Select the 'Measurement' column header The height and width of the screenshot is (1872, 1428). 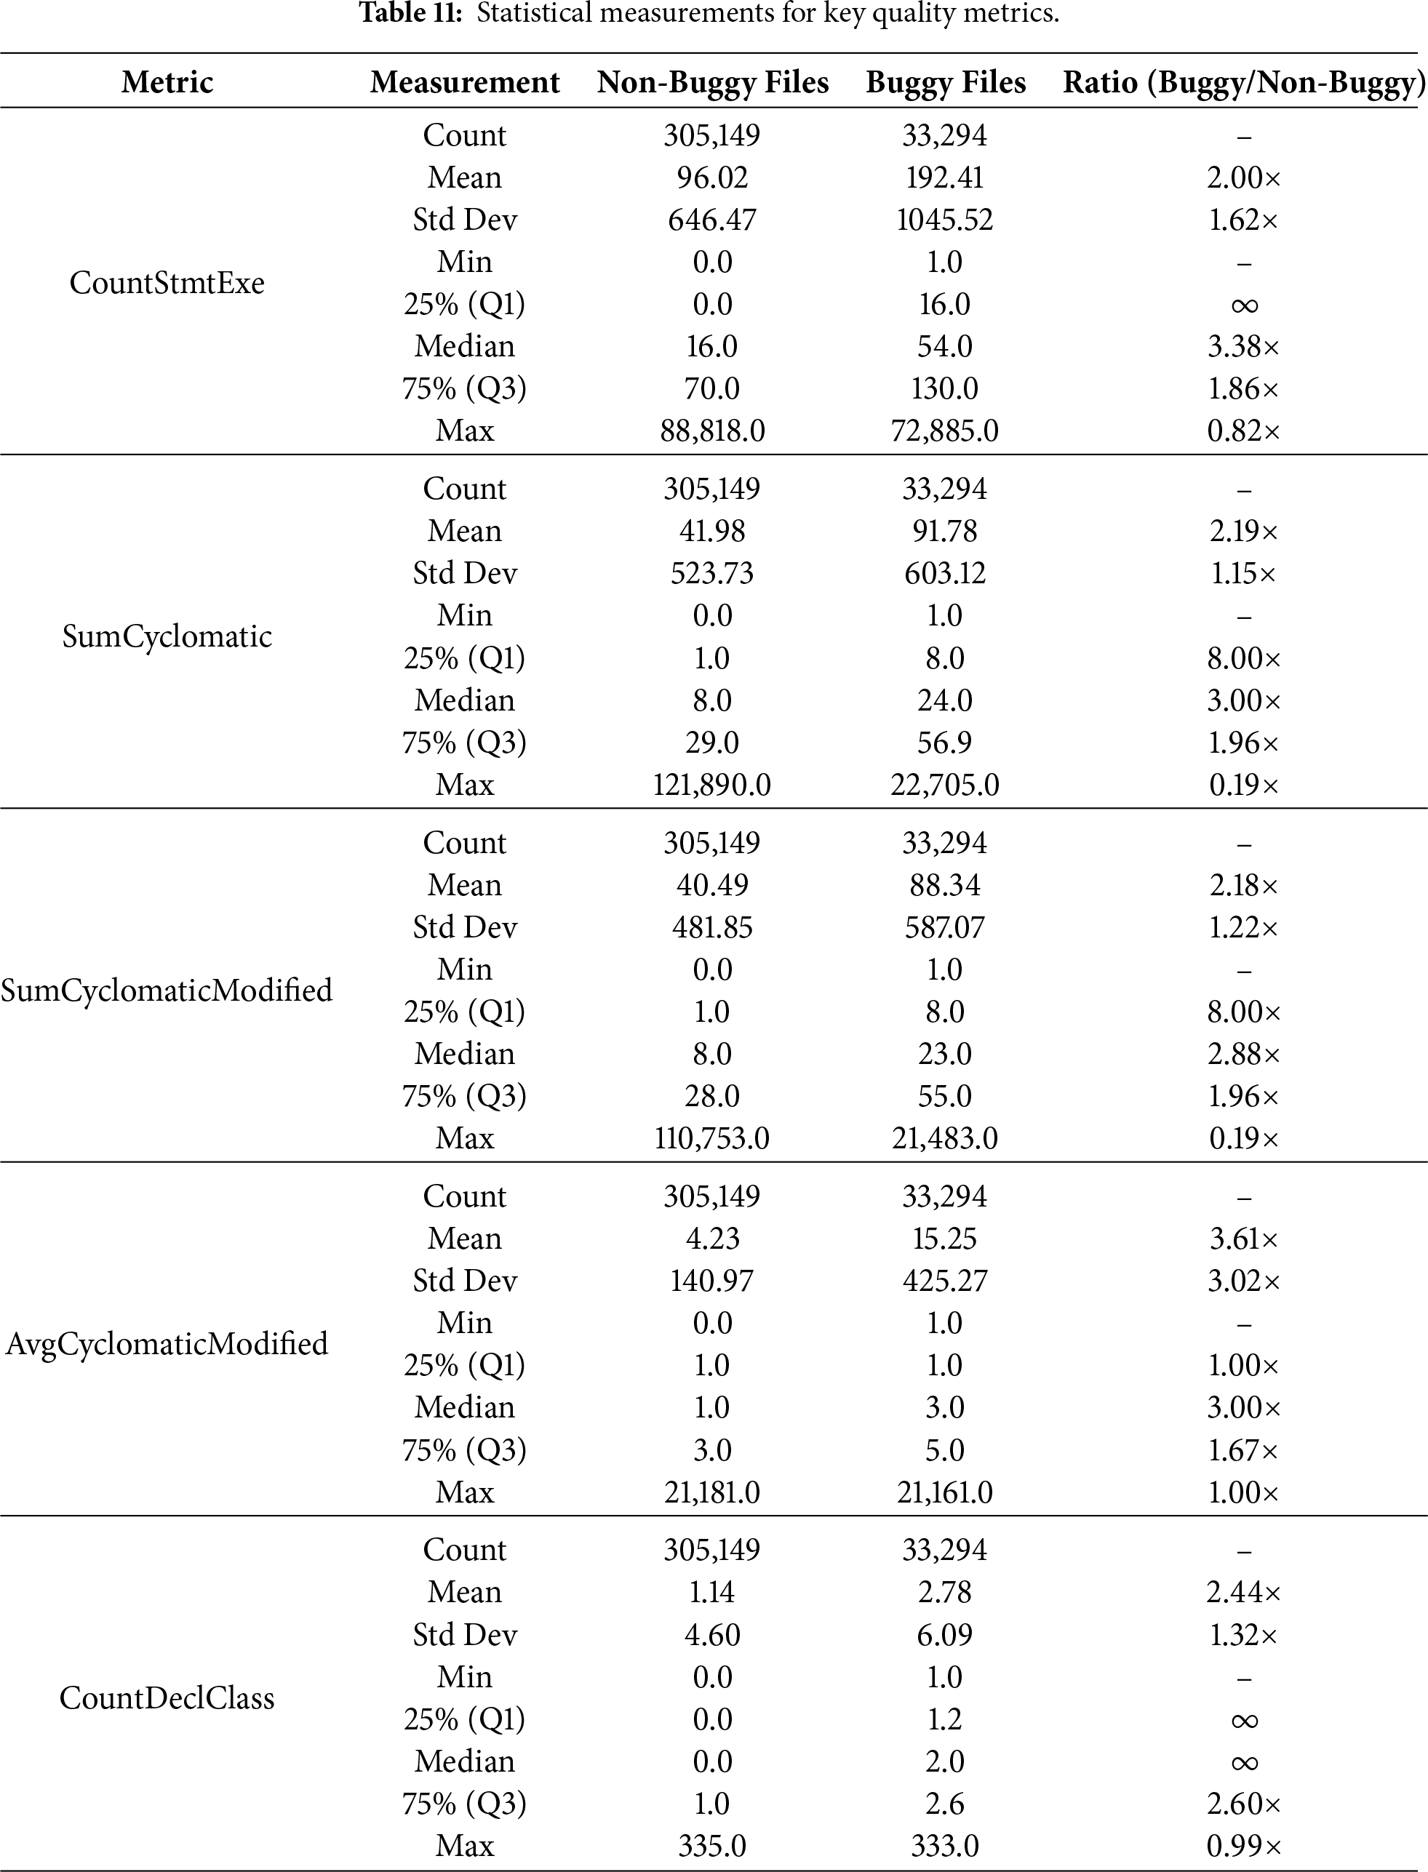[x=464, y=82]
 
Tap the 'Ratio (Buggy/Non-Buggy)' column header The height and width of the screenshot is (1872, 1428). [x=1243, y=82]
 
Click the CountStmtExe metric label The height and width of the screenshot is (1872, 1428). [x=167, y=283]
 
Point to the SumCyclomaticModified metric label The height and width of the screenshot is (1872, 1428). [x=167, y=990]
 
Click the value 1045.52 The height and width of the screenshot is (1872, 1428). [x=944, y=220]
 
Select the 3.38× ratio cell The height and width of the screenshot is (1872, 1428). [x=1243, y=347]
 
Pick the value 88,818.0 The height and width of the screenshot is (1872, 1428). [x=712, y=431]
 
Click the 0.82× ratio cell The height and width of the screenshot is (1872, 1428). [x=1243, y=431]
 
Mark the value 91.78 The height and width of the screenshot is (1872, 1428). [x=944, y=531]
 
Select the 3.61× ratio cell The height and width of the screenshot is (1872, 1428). [x=1243, y=1239]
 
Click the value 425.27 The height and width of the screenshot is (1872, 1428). [x=944, y=1281]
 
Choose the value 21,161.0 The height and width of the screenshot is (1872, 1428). [x=944, y=1492]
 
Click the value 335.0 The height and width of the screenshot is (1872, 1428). [x=712, y=1845]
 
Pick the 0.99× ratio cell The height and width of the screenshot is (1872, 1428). [x=1243, y=1845]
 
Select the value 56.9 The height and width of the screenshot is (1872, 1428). [x=944, y=743]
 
